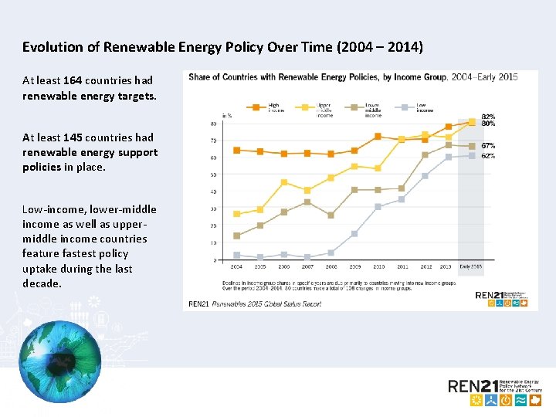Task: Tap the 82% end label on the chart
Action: [x=488, y=117]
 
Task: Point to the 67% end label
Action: [x=488, y=145]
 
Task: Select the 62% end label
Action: [x=488, y=156]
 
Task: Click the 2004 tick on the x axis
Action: [x=236, y=266]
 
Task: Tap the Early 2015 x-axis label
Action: [x=470, y=266]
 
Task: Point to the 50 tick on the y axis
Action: [x=212, y=175]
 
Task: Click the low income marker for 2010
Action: [x=378, y=206]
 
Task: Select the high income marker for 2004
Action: [x=236, y=150]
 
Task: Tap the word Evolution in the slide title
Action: [x=52, y=47]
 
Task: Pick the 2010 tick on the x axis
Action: [x=378, y=266]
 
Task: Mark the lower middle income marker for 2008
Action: [x=331, y=215]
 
